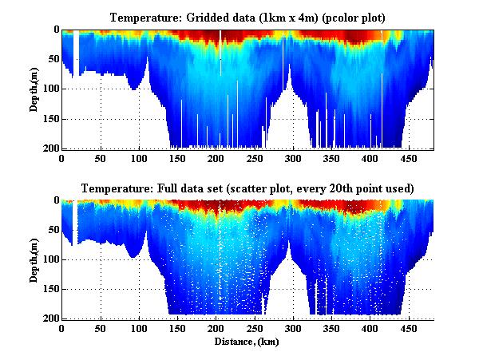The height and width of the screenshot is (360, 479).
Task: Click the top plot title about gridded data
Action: pos(247,17)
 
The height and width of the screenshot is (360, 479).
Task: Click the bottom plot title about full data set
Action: pos(247,188)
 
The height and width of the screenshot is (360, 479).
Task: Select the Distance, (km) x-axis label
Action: pos(247,341)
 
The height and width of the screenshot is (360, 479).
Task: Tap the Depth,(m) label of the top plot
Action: pos(35,89)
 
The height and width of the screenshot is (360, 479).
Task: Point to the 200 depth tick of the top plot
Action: pos(49,148)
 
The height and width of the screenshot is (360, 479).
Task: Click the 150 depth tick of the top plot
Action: pos(49,119)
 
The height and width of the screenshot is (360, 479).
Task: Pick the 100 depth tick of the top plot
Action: pos(49,89)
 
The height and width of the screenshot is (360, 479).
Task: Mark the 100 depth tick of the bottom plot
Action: pos(49,259)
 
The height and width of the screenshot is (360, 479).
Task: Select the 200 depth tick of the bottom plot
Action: pos(49,318)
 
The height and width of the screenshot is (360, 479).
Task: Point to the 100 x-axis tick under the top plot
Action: pos(139,158)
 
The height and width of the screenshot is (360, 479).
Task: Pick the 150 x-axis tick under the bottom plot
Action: pos(177,328)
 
